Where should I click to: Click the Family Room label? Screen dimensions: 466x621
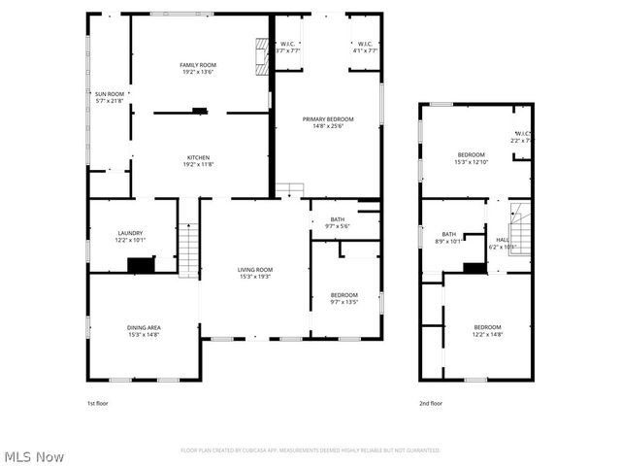coord(197,65)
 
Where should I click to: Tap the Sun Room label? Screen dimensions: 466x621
coord(109,90)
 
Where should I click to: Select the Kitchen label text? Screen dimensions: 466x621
coord(198,157)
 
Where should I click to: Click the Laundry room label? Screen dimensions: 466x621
coord(130,232)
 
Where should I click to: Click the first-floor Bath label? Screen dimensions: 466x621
coord(337,219)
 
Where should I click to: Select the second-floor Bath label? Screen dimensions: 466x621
coord(449,233)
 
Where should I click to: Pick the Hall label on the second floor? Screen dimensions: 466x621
coord(502,239)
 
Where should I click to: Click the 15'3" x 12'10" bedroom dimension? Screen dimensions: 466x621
coord(472,162)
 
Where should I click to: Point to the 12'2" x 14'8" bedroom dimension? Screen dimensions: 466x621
coord(487,334)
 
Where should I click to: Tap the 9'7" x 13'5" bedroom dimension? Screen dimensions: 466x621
coord(343,302)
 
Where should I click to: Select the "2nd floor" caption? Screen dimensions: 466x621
coord(430,402)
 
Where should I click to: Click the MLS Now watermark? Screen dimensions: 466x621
coord(34,455)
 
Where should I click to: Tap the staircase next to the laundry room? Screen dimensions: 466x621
coord(188,249)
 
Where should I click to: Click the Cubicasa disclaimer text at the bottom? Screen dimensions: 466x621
coord(310,450)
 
